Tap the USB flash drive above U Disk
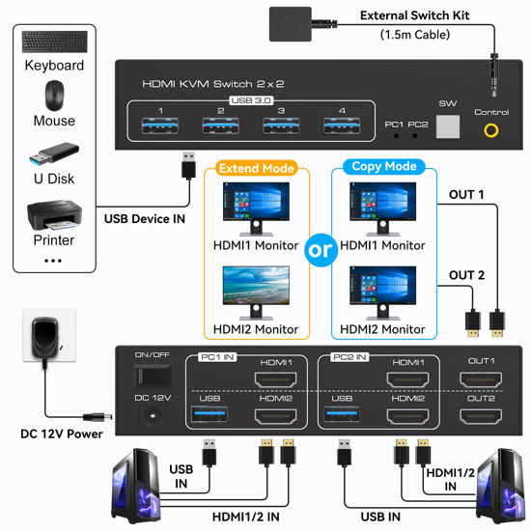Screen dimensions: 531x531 click(53, 153)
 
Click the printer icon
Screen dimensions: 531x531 click(53, 211)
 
